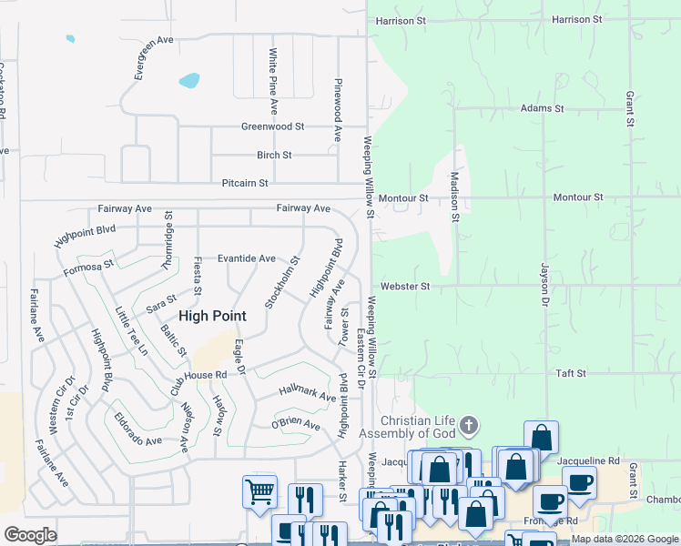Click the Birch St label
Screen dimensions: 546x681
click(274, 155)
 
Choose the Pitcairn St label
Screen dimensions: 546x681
click(245, 183)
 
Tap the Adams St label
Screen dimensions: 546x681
click(542, 108)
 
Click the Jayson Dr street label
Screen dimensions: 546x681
click(545, 285)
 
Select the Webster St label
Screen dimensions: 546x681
click(405, 286)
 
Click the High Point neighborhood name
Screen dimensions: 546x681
click(212, 316)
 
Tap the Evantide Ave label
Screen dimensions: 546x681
click(246, 258)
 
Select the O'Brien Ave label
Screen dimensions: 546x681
click(296, 424)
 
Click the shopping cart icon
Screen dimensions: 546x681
click(259, 492)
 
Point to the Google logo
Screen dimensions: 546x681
click(31, 535)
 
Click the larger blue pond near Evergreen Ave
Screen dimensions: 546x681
click(189, 80)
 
